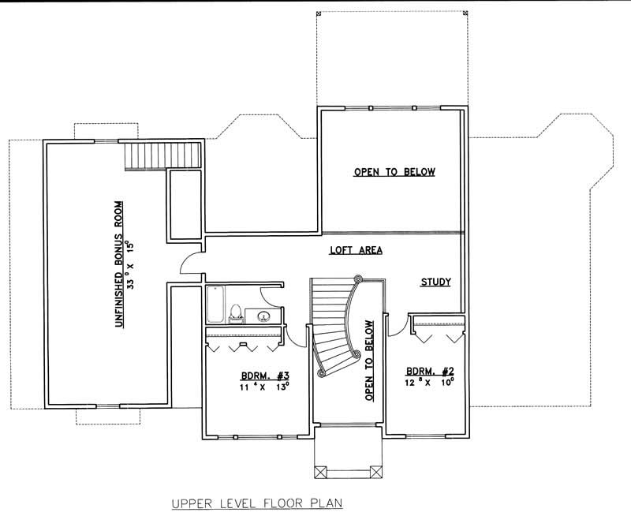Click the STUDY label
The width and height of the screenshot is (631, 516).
[435, 281]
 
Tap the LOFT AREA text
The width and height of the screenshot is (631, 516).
[356, 251]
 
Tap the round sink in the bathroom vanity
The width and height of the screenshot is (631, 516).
[265, 316]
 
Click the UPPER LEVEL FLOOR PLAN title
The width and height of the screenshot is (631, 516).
[248, 501]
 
